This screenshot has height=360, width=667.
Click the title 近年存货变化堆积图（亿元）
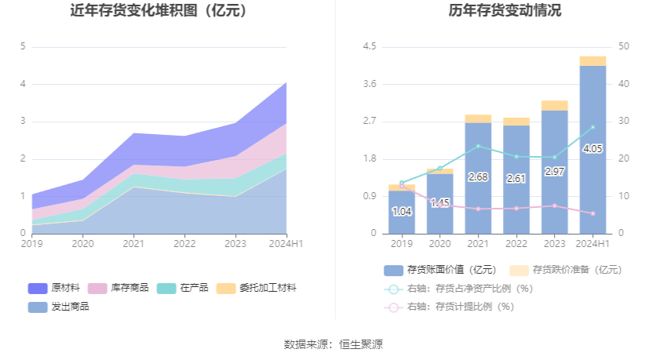[x=158, y=11]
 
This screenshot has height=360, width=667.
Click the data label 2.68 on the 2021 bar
[x=478, y=177]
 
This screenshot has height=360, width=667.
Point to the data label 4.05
[x=593, y=148]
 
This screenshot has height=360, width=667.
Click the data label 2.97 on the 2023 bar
[x=555, y=171]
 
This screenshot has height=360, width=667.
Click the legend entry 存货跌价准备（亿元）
[x=566, y=270]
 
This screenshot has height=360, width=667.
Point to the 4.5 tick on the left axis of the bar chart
[x=369, y=46]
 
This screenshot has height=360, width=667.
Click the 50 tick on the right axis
[x=624, y=46]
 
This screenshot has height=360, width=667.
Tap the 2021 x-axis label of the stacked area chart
[x=133, y=244]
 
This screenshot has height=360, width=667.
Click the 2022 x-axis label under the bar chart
[x=516, y=244]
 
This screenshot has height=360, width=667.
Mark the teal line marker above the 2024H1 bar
[x=593, y=127]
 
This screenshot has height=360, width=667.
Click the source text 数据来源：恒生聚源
[x=333, y=344]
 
